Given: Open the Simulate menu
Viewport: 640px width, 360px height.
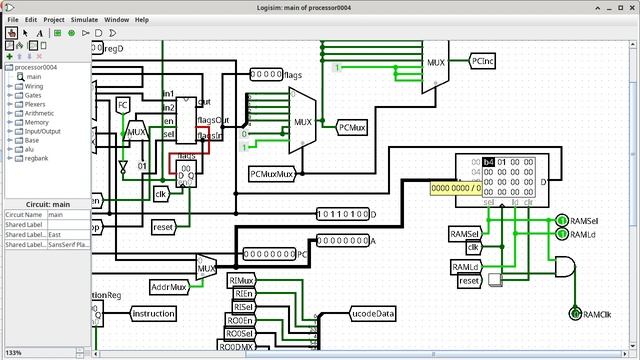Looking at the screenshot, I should (84, 19).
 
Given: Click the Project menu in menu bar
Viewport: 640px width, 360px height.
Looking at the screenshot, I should (53, 19).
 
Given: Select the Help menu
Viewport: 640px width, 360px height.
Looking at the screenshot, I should (142, 19).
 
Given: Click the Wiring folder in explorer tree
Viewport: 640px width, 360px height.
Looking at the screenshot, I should (33, 86).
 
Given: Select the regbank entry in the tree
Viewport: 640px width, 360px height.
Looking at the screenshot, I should (37, 158).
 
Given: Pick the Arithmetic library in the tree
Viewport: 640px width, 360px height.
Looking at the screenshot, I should (39, 113).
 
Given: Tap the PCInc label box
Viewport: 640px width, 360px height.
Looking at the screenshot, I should (482, 62).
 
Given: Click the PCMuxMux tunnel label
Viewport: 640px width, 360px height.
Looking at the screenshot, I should (272, 174).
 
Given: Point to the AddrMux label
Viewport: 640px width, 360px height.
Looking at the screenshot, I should (170, 287).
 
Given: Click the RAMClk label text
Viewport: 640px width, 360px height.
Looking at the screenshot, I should (597, 314).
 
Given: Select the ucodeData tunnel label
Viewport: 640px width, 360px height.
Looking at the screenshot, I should (373, 313).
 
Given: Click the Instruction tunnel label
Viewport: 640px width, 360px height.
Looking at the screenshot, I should (153, 314).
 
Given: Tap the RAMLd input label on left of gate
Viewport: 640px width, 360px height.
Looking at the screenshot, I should (465, 267).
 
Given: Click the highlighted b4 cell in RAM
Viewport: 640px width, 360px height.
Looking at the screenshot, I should (488, 162).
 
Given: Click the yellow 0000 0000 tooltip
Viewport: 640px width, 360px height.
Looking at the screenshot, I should (456, 187).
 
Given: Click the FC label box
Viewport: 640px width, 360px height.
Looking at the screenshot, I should (123, 104).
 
